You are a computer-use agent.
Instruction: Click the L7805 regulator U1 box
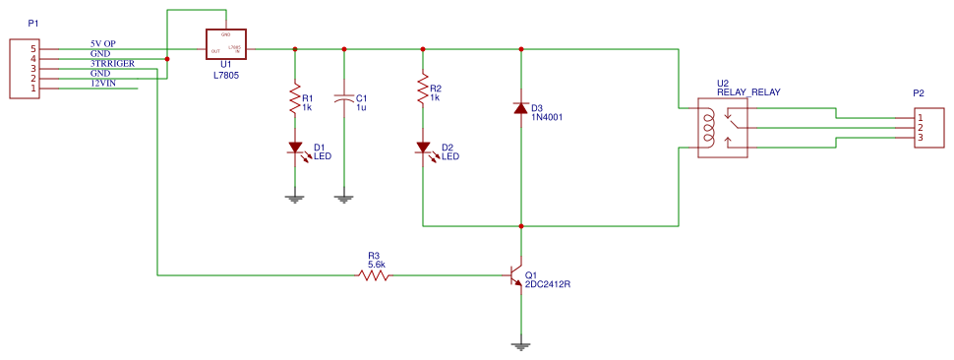click(225, 44)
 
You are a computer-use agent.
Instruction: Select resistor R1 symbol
click(294, 98)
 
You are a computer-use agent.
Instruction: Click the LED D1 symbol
click(294, 149)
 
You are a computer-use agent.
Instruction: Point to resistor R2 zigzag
click(423, 90)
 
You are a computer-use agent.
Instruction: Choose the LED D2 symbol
click(423, 149)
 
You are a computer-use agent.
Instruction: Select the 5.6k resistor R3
click(374, 276)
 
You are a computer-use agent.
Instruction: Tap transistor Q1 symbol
click(515, 276)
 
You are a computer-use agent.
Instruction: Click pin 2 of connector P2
click(921, 128)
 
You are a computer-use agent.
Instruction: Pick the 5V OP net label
click(103, 44)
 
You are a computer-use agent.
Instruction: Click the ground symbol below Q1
click(521, 345)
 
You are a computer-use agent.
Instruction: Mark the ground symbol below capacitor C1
click(344, 198)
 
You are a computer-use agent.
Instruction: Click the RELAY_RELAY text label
click(748, 91)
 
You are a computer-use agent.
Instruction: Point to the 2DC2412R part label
click(548, 284)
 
